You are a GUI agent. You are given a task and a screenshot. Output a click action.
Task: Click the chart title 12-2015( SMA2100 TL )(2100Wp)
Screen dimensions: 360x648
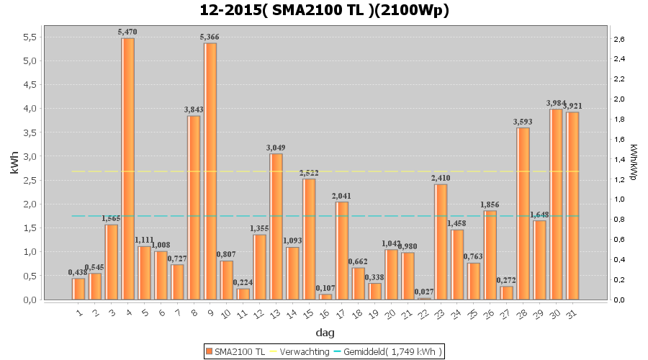coord(324,10)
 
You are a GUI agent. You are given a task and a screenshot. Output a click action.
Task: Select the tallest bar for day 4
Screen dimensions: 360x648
coord(127,168)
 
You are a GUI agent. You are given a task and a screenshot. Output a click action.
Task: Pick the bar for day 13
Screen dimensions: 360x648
coord(276,226)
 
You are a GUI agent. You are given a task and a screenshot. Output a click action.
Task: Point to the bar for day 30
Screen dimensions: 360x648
coord(557,204)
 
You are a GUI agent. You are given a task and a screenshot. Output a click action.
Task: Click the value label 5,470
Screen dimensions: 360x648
coord(127,32)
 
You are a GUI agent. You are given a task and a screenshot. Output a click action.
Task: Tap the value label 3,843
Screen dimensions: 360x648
coord(194,109)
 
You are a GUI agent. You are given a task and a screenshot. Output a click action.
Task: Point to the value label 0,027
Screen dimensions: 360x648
coord(425,292)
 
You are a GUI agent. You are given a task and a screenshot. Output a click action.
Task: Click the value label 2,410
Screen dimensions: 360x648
coord(441,178)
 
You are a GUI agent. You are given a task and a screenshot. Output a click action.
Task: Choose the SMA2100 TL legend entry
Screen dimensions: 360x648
coord(235,351)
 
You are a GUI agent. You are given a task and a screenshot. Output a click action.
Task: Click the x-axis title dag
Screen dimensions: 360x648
coord(324,333)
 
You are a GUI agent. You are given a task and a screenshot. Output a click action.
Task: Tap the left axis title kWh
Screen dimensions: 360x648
coord(14,165)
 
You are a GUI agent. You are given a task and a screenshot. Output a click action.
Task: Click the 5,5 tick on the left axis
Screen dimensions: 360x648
coord(30,37)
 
